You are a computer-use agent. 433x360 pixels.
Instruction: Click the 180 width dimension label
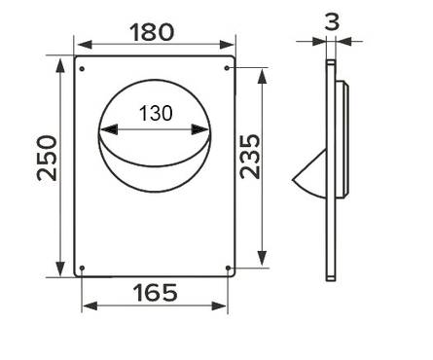(x=152, y=32)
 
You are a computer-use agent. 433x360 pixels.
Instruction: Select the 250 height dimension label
(x=47, y=158)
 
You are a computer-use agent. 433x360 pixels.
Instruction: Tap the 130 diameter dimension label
(x=156, y=114)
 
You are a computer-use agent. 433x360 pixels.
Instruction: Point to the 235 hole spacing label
(x=250, y=157)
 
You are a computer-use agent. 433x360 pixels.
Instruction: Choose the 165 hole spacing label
(x=156, y=293)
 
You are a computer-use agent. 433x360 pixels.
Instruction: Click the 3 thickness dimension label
(x=332, y=21)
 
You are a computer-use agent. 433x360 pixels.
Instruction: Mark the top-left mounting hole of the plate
(x=82, y=69)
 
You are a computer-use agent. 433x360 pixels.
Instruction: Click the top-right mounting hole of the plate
(x=227, y=68)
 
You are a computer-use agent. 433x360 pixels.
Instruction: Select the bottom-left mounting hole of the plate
(x=82, y=268)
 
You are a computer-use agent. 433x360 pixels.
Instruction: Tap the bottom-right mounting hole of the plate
(x=228, y=268)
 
